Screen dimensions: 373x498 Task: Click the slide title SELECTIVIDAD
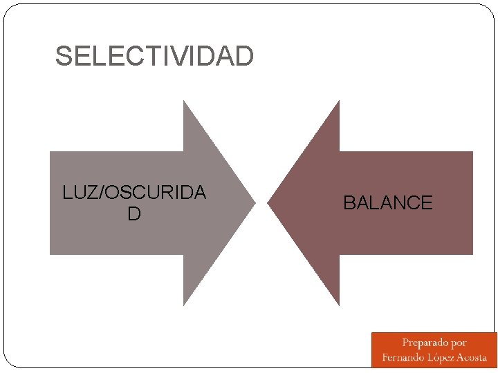(154, 57)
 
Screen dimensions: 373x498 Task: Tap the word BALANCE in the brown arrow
(387, 203)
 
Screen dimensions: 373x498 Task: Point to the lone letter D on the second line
(134, 214)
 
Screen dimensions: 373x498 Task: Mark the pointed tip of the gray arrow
(255, 203)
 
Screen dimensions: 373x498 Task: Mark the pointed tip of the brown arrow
(268, 203)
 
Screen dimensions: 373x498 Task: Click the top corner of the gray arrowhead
(183, 102)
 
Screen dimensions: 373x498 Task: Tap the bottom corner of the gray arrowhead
(183, 305)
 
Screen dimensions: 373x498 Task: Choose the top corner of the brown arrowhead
(339, 102)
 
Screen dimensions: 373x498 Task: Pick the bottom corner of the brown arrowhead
(339, 305)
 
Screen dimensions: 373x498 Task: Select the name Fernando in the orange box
(404, 358)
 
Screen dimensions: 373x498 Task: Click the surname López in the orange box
(443, 358)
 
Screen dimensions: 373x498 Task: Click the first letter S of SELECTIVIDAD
(63, 57)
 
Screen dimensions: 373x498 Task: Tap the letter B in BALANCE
(349, 203)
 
